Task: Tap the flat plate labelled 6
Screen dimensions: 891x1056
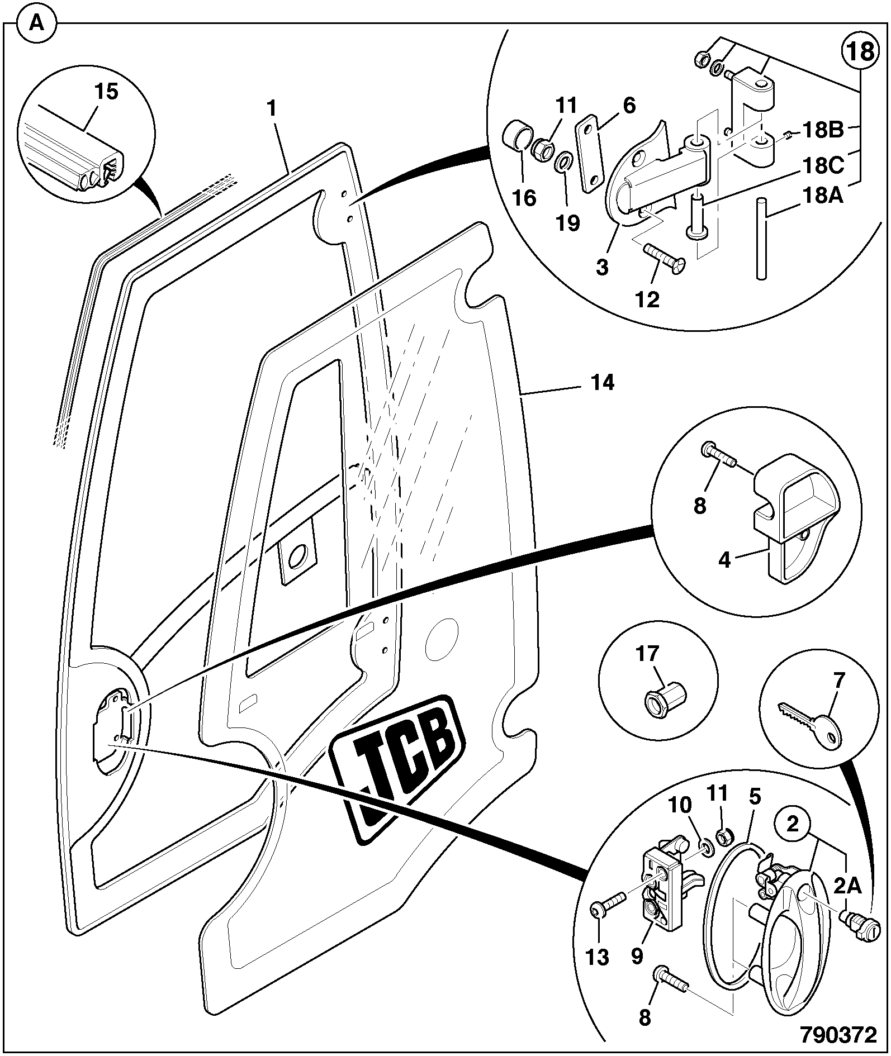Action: (588, 154)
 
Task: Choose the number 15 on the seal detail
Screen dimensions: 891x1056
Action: (106, 92)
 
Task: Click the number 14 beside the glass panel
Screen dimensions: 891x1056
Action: (603, 383)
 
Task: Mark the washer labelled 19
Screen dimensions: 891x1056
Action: (563, 165)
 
